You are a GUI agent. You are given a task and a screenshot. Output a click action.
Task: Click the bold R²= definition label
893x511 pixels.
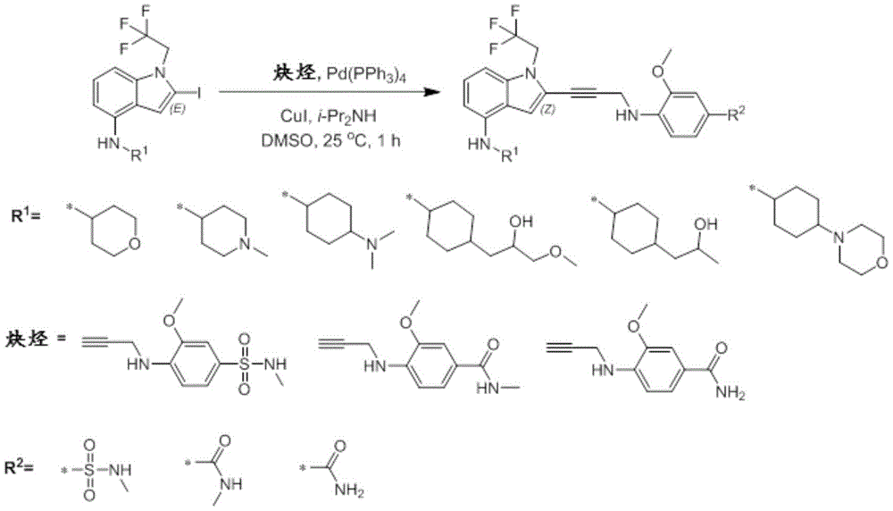20,468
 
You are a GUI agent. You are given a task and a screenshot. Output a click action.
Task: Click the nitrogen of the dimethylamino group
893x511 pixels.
371,245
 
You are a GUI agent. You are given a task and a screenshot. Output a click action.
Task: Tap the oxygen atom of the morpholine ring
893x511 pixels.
882,263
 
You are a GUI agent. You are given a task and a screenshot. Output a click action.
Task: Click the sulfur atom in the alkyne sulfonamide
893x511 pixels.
244,364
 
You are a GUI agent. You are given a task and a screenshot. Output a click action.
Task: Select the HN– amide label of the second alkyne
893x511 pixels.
488,388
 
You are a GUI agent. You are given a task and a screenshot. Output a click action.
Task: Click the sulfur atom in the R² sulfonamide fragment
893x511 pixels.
88,470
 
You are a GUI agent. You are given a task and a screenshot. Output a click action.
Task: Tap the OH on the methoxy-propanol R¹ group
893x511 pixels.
523,220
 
